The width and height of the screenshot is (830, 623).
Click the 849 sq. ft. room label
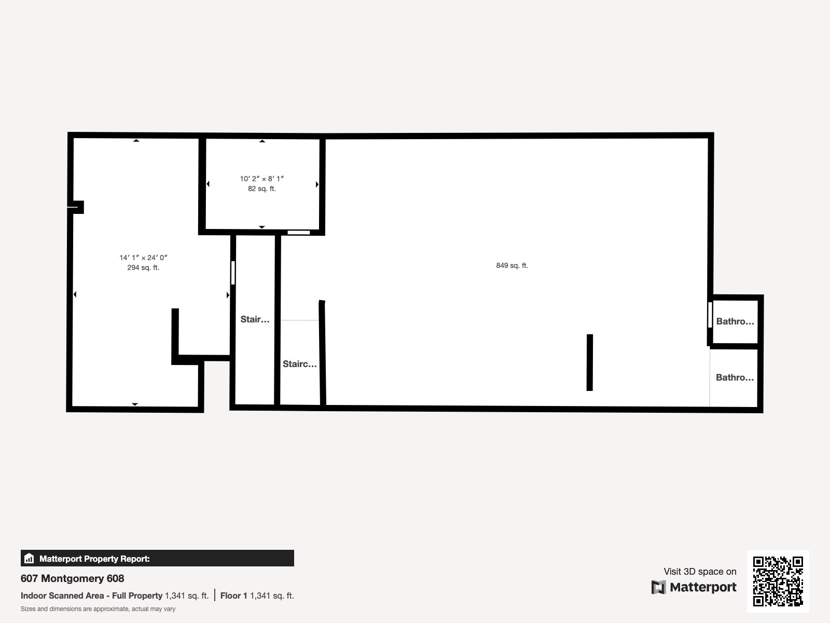(511, 265)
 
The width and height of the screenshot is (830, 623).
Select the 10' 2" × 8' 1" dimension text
(261, 179)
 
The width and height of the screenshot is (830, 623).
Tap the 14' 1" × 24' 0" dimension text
(143, 258)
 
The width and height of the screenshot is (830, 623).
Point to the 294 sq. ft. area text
(143, 267)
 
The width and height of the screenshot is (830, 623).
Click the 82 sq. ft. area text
(261, 188)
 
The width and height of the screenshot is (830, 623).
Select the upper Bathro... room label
(735, 321)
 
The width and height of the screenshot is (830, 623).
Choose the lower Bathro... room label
(735, 377)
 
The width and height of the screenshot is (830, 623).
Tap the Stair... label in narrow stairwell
(255, 319)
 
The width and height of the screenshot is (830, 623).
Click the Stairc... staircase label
(299, 364)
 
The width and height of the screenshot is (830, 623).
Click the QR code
(778, 581)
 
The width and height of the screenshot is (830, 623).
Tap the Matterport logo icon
(658, 587)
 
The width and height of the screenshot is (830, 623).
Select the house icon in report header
(29, 559)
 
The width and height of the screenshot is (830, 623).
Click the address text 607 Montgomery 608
(72, 578)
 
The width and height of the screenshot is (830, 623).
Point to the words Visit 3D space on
(700, 571)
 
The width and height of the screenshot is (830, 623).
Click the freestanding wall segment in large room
(589, 362)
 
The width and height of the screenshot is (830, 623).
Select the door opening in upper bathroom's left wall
(710, 315)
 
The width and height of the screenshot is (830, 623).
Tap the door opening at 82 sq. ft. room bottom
(298, 232)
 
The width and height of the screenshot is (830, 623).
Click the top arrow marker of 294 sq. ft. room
(136, 140)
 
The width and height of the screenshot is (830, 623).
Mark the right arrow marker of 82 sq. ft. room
(316, 184)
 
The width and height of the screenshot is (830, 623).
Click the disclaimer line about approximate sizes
(98, 609)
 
